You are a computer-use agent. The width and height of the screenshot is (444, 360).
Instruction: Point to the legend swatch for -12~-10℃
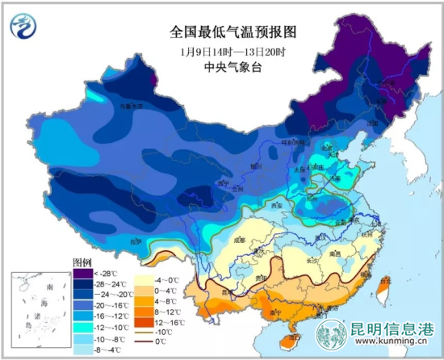[x=82, y=329]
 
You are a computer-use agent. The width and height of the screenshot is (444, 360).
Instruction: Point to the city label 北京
[x=326, y=148]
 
